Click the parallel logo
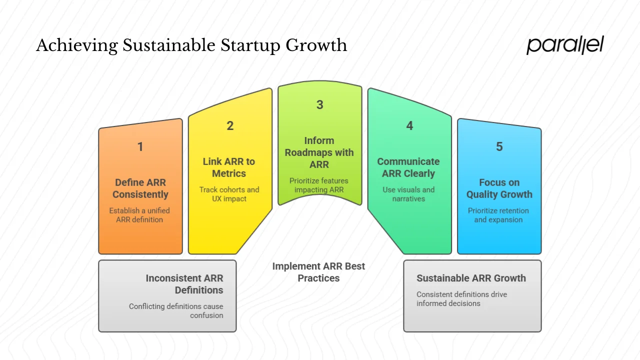[x=564, y=45]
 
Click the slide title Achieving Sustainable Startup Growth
[x=191, y=45]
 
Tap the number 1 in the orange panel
[x=140, y=147]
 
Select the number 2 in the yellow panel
[x=230, y=126]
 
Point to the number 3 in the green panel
[x=319, y=105]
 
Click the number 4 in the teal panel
[x=409, y=126]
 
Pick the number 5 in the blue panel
[x=499, y=147]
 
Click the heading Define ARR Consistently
[x=140, y=188]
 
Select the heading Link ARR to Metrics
[x=229, y=167]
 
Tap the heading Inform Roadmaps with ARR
[x=319, y=152]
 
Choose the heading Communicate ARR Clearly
[x=408, y=167]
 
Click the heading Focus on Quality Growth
[x=499, y=188]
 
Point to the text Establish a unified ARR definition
[x=139, y=215]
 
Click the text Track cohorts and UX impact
[x=229, y=194]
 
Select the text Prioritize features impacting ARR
[x=319, y=185]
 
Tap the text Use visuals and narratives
[x=408, y=194]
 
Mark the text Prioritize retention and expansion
[x=498, y=215]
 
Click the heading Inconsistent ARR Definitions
[x=184, y=284]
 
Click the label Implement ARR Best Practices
[x=318, y=272]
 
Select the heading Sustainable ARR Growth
[x=471, y=278]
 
